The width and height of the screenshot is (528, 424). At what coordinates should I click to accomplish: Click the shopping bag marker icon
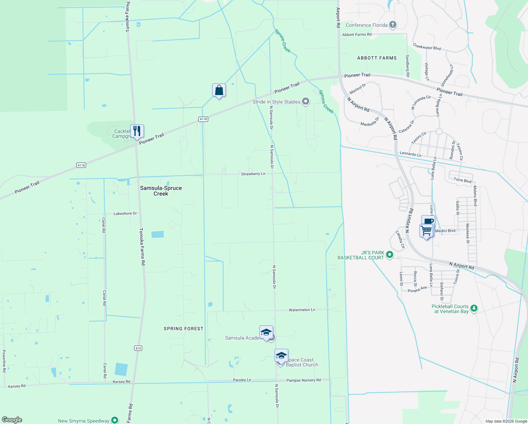pyautogui.click(x=219, y=90)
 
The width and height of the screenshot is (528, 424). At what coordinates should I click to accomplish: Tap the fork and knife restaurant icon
pyautogui.click(x=137, y=131)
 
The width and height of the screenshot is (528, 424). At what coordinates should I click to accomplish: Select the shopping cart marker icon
pyautogui.click(x=426, y=230)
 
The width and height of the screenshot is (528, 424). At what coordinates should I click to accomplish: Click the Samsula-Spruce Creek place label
pyautogui.click(x=161, y=191)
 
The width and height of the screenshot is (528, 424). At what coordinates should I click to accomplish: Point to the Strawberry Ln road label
pyautogui.click(x=253, y=174)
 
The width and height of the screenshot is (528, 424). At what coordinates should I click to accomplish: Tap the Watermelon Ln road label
pyautogui.click(x=302, y=310)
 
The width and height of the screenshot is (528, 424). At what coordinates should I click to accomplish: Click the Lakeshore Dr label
pyautogui.click(x=125, y=213)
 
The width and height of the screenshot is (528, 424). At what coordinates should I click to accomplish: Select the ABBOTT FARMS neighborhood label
pyautogui.click(x=377, y=58)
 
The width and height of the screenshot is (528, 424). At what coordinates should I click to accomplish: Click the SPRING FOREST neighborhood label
pyautogui.click(x=184, y=329)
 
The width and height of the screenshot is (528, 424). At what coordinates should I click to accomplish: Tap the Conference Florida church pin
pyautogui.click(x=393, y=25)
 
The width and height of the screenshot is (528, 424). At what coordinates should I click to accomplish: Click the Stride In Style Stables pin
pyautogui.click(x=306, y=102)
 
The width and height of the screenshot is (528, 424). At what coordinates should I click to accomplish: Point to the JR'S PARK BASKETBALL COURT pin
pyautogui.click(x=390, y=254)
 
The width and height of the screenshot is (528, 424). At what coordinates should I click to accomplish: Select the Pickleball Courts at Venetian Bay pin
pyautogui.click(x=474, y=308)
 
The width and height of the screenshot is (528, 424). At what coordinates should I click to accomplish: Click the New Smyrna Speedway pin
pyautogui.click(x=115, y=420)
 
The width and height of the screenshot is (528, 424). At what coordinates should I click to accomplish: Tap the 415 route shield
pyautogui.click(x=138, y=348)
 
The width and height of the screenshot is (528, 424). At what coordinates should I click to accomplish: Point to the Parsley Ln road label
pyautogui.click(x=242, y=380)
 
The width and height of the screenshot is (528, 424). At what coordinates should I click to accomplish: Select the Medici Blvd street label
pyautogui.click(x=445, y=231)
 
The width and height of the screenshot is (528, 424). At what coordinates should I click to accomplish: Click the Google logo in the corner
pyautogui.click(x=12, y=420)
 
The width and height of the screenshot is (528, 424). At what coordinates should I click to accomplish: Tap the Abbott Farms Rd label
pyautogui.click(x=357, y=35)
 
